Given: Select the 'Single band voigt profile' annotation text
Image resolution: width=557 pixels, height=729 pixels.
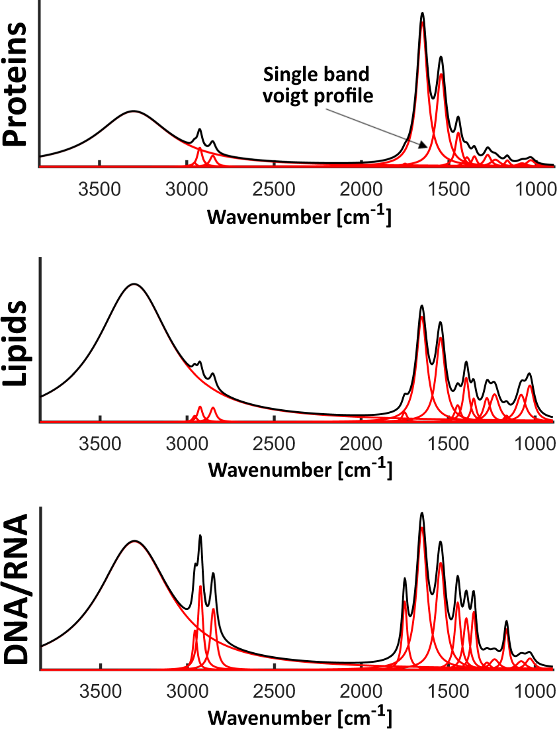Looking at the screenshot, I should (x=316, y=84).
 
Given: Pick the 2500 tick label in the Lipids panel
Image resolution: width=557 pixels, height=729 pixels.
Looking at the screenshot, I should (x=274, y=442).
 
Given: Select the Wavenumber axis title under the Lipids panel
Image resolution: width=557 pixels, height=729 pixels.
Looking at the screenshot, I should (x=299, y=469).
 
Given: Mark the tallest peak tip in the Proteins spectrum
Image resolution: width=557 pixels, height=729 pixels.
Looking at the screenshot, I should (x=422, y=13).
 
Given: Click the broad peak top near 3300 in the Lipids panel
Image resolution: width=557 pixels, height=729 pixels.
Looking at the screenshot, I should (x=134, y=284).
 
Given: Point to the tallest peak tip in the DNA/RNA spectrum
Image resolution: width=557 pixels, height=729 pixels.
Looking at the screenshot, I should (x=422, y=513).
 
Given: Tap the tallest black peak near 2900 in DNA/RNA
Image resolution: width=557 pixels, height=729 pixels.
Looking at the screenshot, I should (x=200, y=536).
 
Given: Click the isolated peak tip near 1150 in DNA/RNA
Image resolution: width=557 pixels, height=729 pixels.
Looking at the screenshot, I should (x=507, y=621).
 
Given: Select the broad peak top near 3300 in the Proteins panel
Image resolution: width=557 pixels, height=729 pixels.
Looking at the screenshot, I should (x=134, y=111).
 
